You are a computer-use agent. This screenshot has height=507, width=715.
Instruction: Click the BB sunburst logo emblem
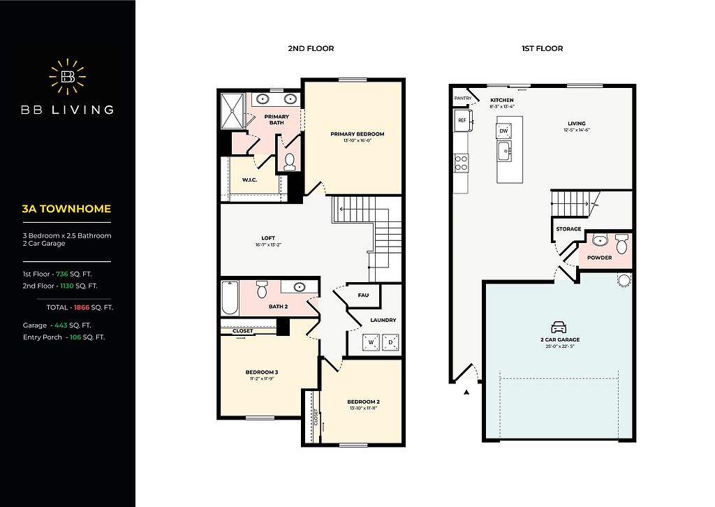(x=68, y=77)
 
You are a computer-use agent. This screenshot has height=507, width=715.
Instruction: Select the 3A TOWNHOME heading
(x=66, y=209)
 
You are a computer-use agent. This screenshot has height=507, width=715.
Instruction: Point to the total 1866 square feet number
(x=82, y=307)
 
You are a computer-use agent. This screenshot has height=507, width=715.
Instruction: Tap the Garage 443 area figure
(x=61, y=325)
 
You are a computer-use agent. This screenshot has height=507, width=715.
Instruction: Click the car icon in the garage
(x=559, y=327)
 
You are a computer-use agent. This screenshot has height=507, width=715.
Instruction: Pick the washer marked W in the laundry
(x=371, y=342)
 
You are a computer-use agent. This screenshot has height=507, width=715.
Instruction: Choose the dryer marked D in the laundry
(x=390, y=342)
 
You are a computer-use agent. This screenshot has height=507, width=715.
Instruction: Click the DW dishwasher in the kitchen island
(x=503, y=131)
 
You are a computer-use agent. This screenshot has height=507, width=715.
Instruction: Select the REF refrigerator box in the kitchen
(x=462, y=120)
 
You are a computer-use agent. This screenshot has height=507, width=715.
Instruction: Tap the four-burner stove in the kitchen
(x=461, y=163)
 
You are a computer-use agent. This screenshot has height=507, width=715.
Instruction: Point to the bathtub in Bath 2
(x=230, y=298)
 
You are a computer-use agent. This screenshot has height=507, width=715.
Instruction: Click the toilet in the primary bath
(x=290, y=161)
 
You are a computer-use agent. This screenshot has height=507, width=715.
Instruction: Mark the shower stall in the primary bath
(x=233, y=111)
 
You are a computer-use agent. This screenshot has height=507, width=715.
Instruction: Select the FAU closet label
(x=363, y=295)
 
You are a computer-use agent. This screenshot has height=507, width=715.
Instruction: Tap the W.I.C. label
(x=249, y=179)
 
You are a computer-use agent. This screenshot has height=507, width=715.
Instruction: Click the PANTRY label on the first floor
(x=463, y=98)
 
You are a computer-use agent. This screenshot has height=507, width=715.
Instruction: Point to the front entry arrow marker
(x=466, y=392)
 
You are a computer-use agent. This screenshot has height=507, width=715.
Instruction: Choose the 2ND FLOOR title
(x=311, y=48)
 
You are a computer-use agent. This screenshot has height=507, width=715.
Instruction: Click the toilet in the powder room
(x=621, y=244)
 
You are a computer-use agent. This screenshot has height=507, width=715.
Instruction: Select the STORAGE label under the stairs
(x=568, y=229)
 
